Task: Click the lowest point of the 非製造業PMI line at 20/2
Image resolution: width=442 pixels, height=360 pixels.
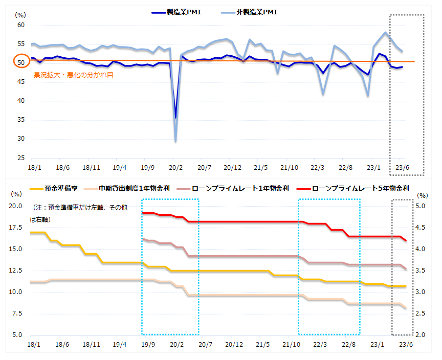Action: pyautogui.click(x=175, y=141)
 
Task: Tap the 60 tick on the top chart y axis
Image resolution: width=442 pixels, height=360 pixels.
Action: pyautogui.click(x=21, y=25)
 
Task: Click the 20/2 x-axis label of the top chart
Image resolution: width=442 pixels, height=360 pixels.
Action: pyautogui.click(x=175, y=167)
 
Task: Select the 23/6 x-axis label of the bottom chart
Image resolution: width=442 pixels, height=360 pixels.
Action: pyautogui.click(x=403, y=344)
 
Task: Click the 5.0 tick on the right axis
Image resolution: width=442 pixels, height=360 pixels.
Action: pyautogui.click(x=422, y=206)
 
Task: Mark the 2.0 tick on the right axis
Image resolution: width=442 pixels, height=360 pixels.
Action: pyautogui.click(x=422, y=335)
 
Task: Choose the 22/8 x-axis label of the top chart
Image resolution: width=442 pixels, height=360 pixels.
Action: pyautogui.click(x=346, y=167)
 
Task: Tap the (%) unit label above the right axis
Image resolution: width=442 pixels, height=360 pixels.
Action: pyautogui.click(x=422, y=195)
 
